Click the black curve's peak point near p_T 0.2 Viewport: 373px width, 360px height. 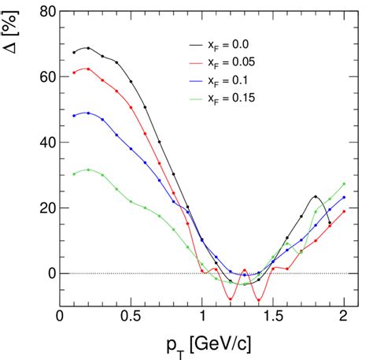coord(88,48)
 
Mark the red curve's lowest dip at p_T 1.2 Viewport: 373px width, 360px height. coord(231,299)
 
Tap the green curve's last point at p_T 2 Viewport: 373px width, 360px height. coord(344,184)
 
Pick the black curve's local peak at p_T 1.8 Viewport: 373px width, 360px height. coord(316,197)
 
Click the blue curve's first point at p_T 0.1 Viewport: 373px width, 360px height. coord(74,116)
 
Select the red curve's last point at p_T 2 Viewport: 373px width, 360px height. coord(344,211)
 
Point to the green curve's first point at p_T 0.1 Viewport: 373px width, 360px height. coord(74,173)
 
